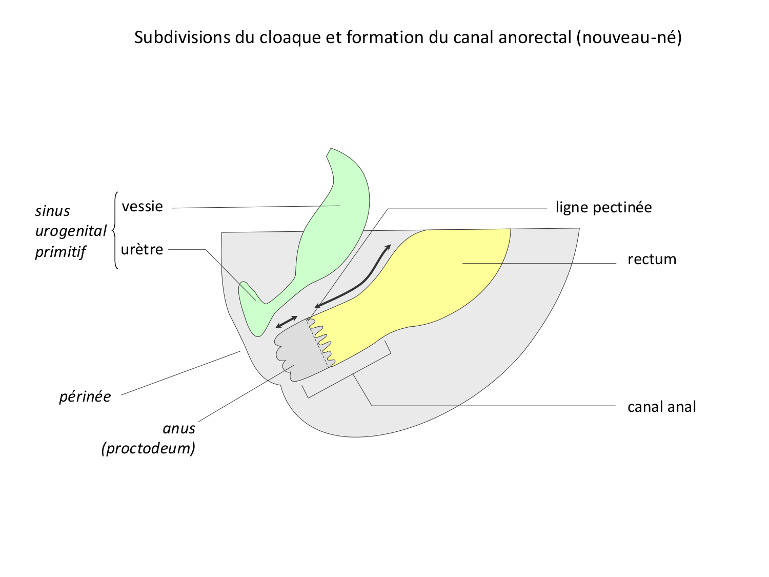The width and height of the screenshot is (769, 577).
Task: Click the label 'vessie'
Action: (x=142, y=206)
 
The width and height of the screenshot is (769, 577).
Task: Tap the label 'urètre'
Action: (x=142, y=250)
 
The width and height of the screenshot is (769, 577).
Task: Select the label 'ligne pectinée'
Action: (x=603, y=208)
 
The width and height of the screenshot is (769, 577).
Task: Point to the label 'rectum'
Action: (x=652, y=260)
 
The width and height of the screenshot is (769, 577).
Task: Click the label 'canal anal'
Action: (x=661, y=407)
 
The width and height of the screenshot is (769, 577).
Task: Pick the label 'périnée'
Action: (x=85, y=397)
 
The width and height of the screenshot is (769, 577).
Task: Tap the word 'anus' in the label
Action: (x=179, y=428)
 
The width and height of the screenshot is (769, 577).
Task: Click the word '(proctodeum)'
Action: (x=149, y=448)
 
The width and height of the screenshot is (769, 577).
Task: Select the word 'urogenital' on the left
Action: (x=71, y=231)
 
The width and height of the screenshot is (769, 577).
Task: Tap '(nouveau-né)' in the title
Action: (x=629, y=37)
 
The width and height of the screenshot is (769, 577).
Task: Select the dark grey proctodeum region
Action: (x=300, y=349)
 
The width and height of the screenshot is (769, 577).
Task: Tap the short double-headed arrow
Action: (x=286, y=322)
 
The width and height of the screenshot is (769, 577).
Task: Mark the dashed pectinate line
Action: (x=318, y=343)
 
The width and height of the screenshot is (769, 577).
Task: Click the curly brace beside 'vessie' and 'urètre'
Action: (x=115, y=230)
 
